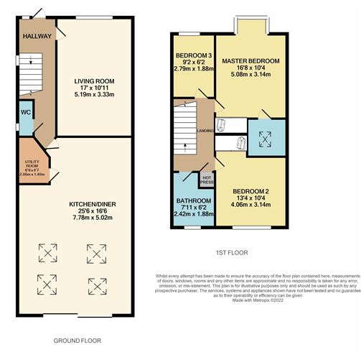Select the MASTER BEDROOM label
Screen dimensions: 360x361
tap(250, 61)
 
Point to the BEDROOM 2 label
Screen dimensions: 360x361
tap(250, 191)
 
